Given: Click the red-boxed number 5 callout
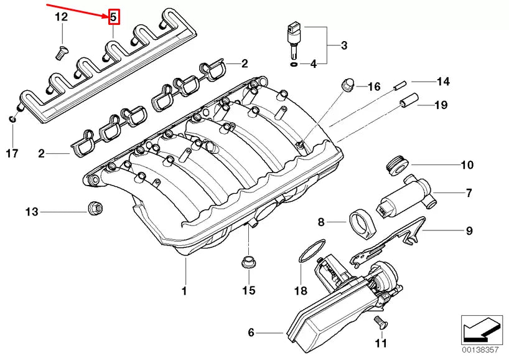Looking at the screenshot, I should (113, 17).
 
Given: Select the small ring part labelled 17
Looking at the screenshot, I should (12, 118).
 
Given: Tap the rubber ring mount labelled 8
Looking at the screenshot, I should (362, 223).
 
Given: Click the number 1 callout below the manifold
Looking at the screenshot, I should (184, 290).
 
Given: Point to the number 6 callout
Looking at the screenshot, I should (251, 333).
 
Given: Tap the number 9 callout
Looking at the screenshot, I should (470, 231).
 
